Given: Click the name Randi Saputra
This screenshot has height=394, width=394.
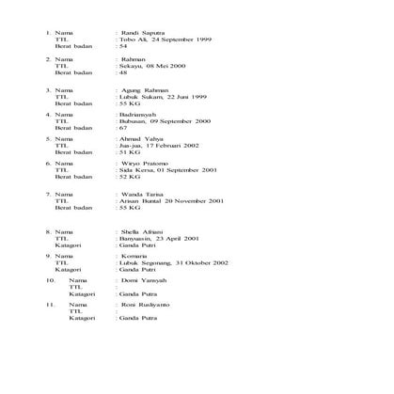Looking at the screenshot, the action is (x=139, y=33).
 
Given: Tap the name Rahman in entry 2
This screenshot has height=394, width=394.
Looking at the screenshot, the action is (x=134, y=58).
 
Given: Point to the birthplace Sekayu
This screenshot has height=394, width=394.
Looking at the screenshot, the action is (x=129, y=66).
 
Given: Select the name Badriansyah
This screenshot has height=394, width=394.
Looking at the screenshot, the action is (x=137, y=115).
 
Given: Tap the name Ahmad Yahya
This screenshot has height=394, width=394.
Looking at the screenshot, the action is (x=138, y=139).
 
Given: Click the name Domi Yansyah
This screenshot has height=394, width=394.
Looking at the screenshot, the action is (x=142, y=280).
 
